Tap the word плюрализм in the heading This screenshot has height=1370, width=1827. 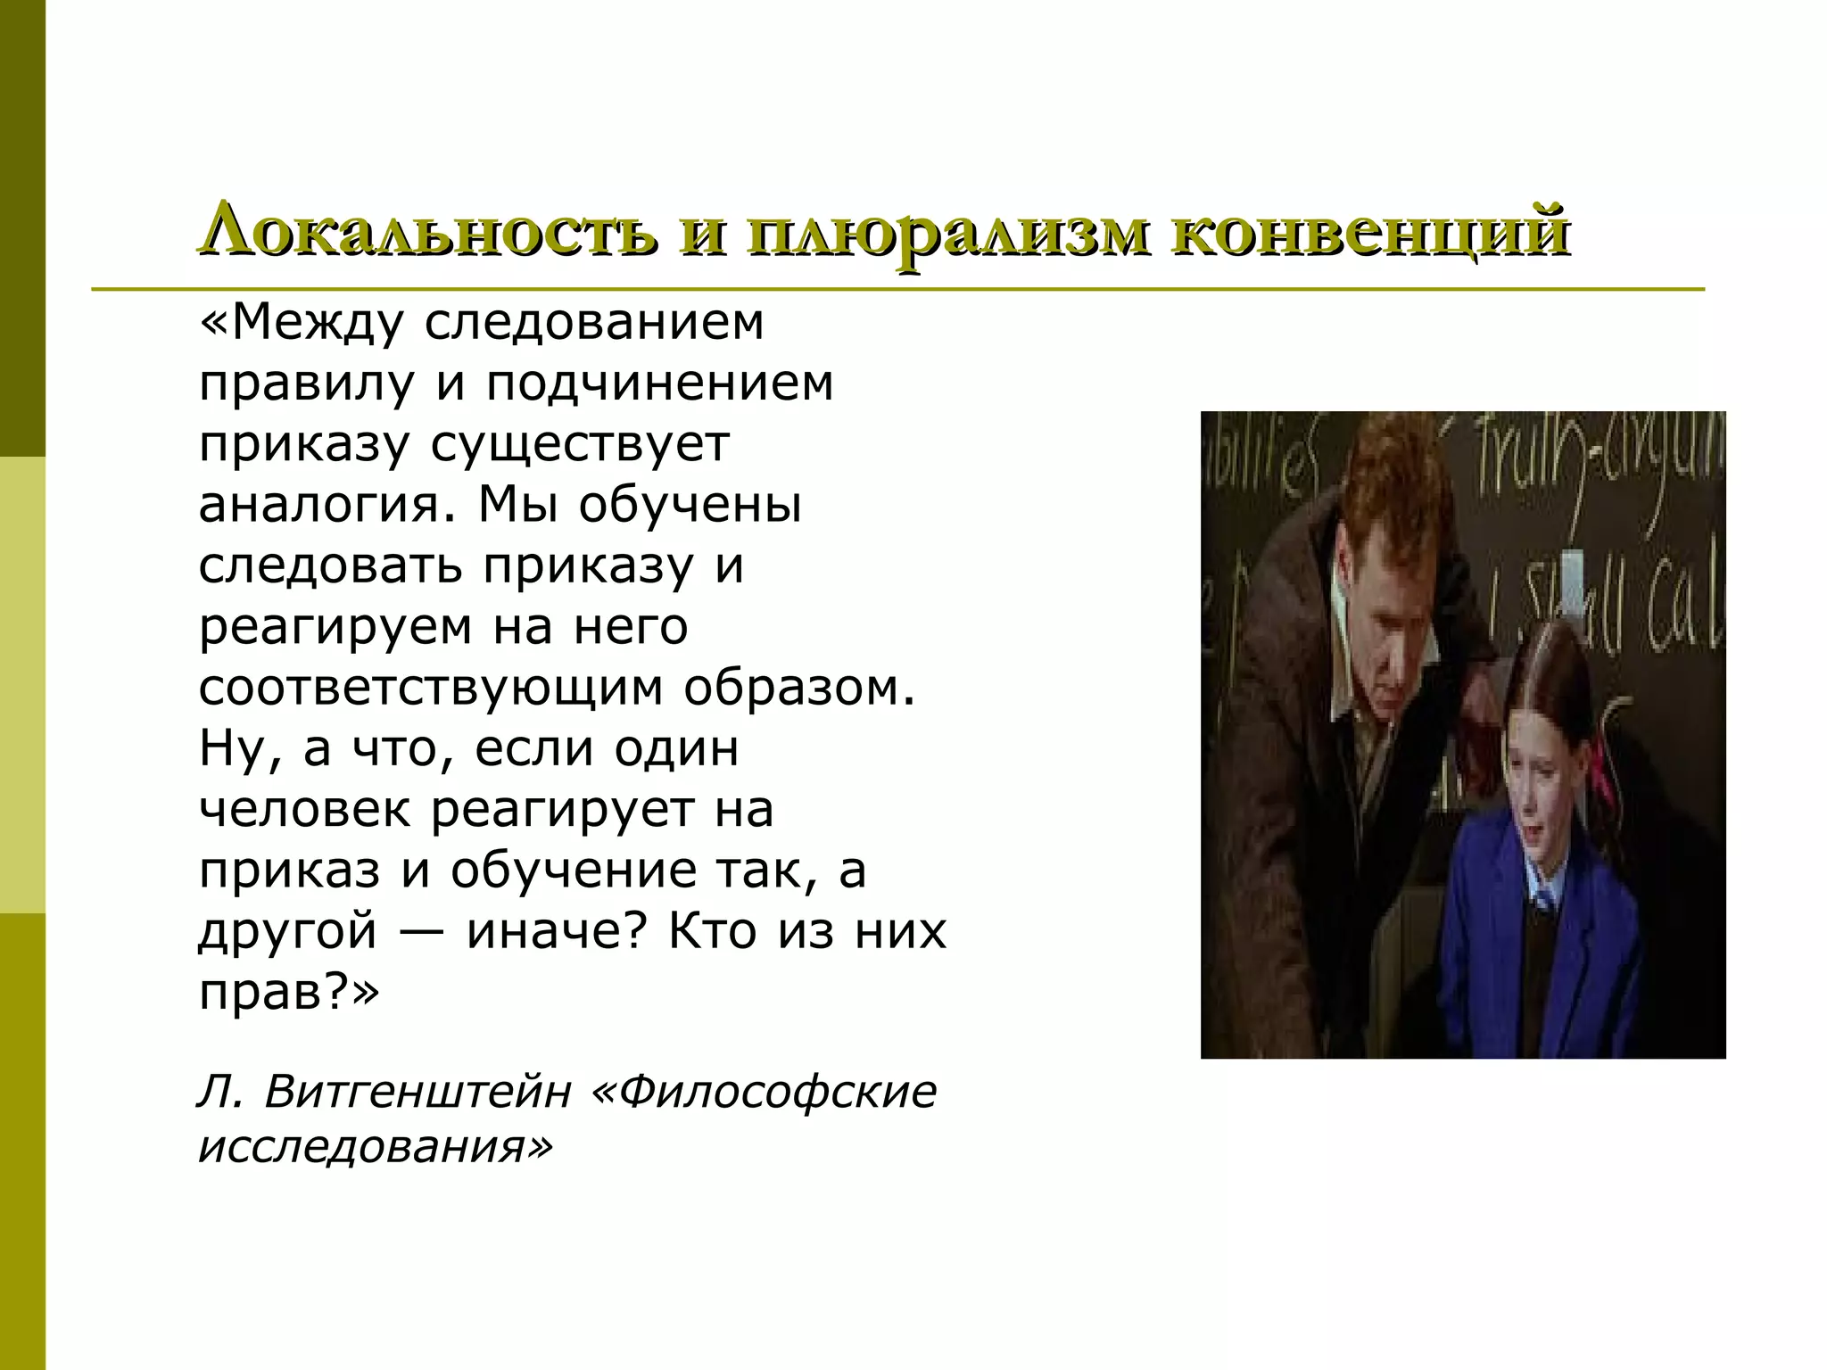click(940, 232)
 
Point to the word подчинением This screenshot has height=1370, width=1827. click(659, 383)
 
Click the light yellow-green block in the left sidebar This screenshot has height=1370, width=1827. click(22, 684)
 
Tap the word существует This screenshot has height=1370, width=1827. click(580, 444)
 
